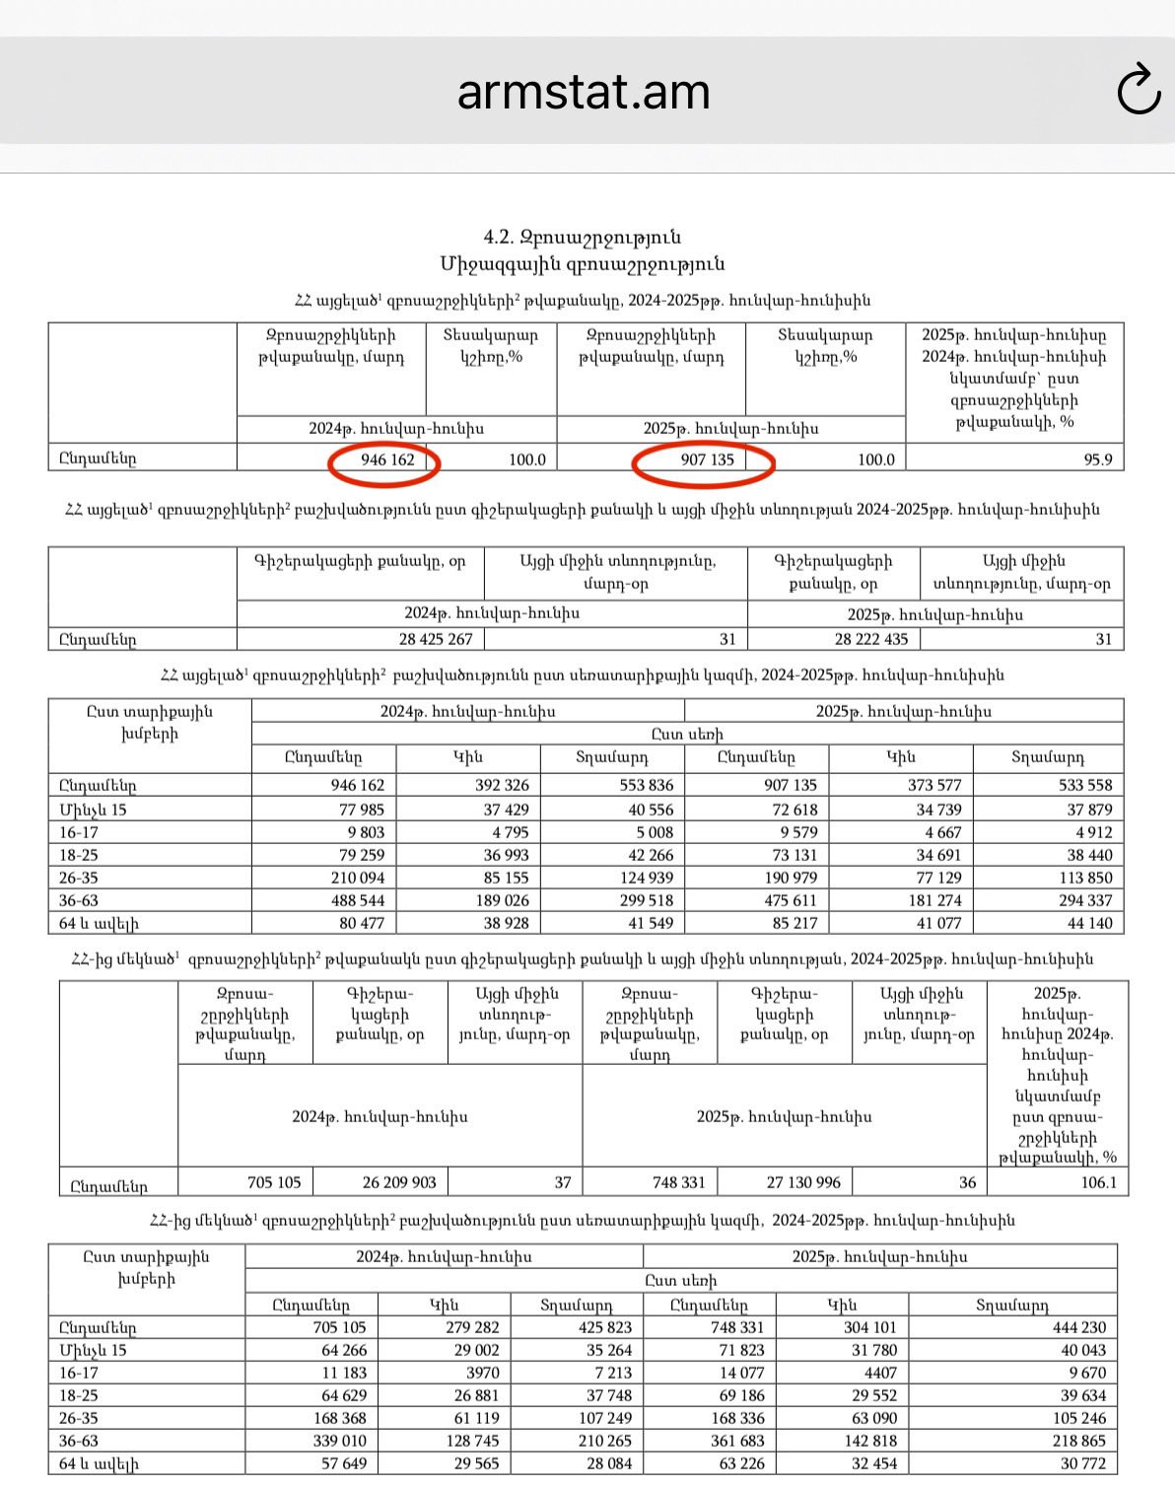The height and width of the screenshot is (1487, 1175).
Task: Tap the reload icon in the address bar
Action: pos(1139,91)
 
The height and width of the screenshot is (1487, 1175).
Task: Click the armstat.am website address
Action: pos(584,92)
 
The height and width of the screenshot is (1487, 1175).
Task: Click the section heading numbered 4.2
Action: pos(582,238)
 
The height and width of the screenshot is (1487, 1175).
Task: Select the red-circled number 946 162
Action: pos(387,460)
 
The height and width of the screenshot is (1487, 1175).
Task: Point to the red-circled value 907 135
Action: pos(707,460)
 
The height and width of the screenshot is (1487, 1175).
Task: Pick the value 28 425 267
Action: pos(436,639)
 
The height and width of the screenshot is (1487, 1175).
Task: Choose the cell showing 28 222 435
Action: pos(871,639)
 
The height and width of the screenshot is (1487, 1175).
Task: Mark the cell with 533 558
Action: pos(1084,786)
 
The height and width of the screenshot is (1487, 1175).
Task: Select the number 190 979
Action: pos(791,878)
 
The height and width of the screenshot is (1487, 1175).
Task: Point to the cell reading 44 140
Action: pos(1089,924)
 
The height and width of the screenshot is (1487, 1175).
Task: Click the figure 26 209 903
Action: pos(399,1182)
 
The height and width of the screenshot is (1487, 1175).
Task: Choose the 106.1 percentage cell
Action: pos(1098,1182)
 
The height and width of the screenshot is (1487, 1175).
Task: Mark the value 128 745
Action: pos(472,1441)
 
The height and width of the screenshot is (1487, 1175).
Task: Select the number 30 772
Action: pos(1083,1464)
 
